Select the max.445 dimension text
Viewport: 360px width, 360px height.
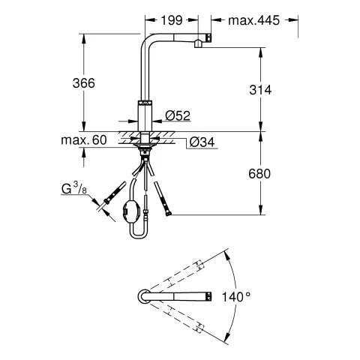(247, 20)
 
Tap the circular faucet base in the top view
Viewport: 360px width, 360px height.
(142, 297)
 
